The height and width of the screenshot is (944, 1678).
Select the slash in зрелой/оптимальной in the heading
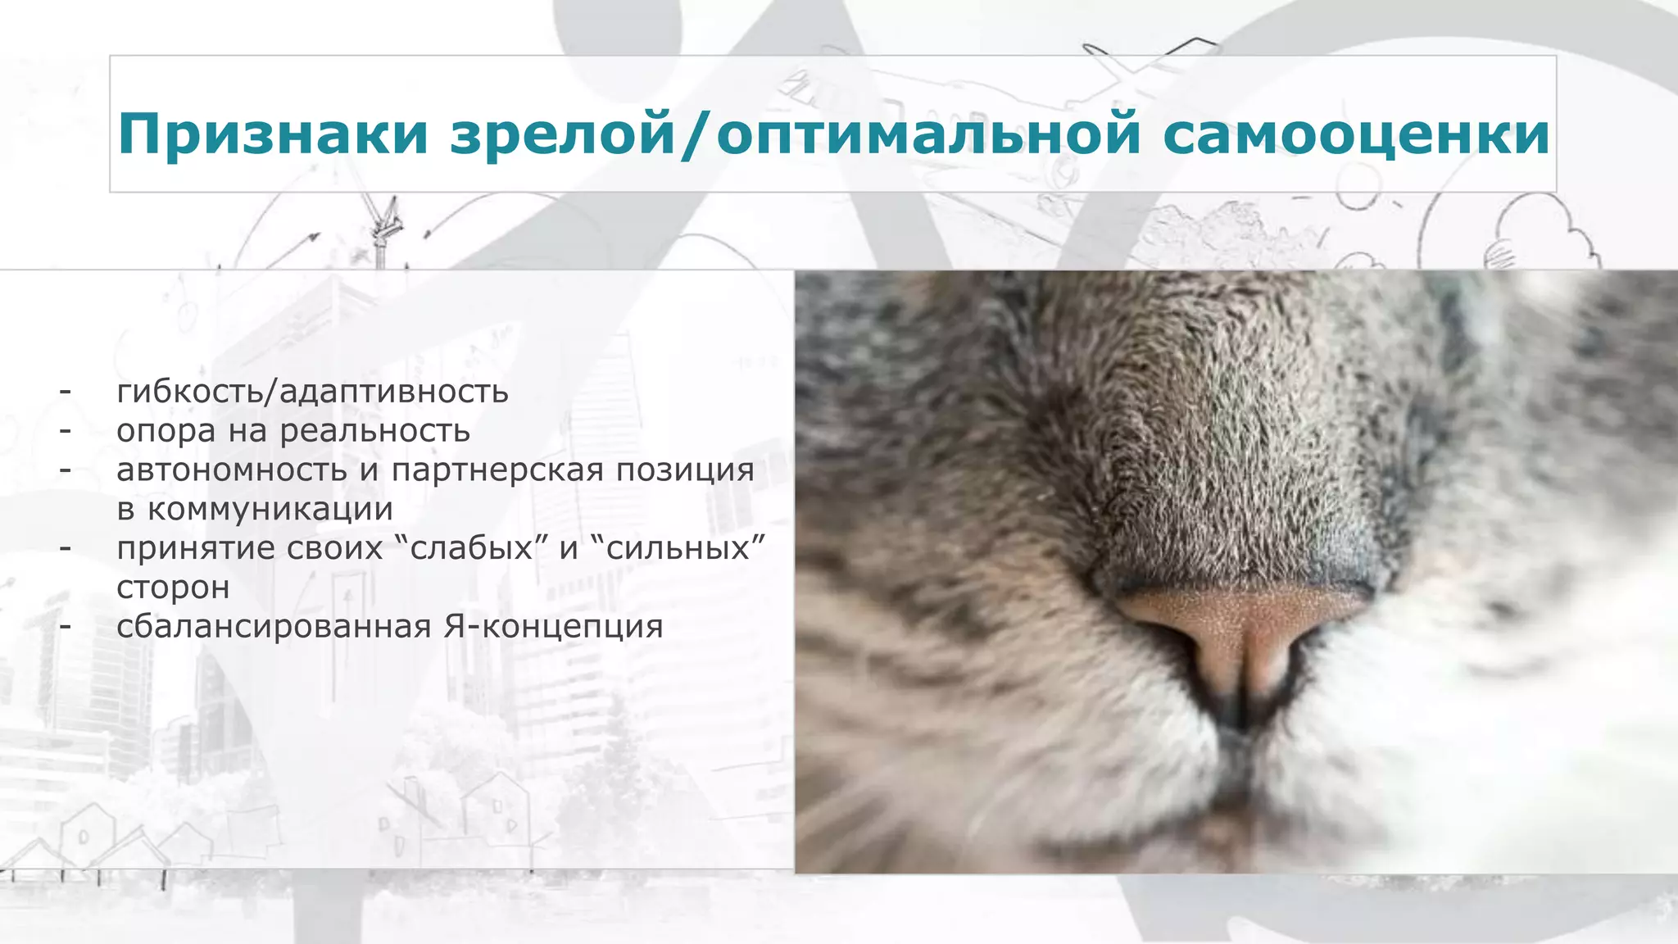pyautogui.click(x=696, y=134)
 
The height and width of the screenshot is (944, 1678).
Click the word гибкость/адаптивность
pyautogui.click(x=312, y=393)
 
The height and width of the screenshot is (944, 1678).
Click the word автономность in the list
pyautogui.click(x=232, y=470)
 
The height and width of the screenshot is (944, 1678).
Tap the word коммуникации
pyautogui.click(x=270, y=510)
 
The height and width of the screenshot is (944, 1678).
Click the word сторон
pyautogui.click(x=173, y=588)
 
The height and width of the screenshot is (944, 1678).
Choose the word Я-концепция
pyautogui.click(x=554, y=627)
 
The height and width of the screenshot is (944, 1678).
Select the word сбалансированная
pyautogui.click(x=274, y=627)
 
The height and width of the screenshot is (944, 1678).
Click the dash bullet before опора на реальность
pyautogui.click(x=66, y=431)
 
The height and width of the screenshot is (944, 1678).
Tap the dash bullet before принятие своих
pyautogui.click(x=66, y=548)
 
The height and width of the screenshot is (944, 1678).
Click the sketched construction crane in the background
pyautogui.click(x=383, y=229)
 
